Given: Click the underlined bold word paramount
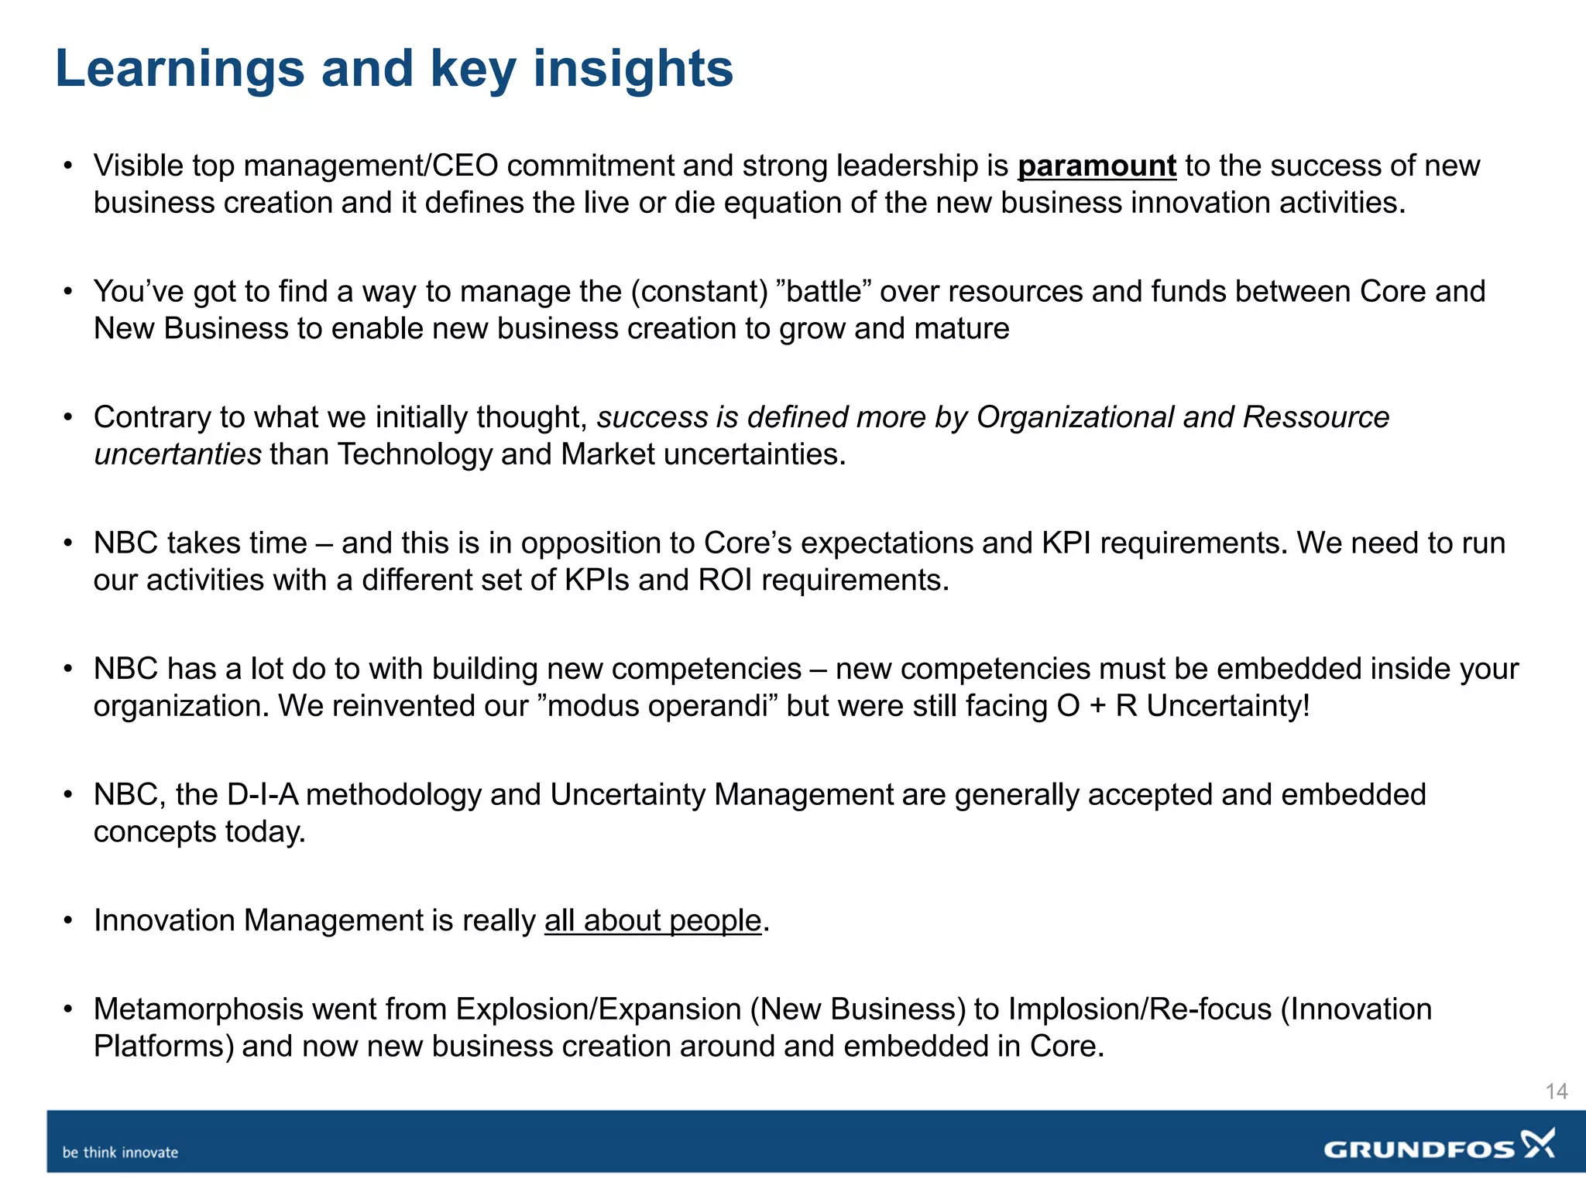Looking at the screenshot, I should tap(1097, 166).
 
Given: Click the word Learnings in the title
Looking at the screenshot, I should tap(180, 70).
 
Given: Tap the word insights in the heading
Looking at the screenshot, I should tap(633, 70).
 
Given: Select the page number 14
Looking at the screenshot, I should tap(1556, 1091).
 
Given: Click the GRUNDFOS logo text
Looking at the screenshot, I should tap(1419, 1150).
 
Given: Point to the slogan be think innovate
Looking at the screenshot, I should tap(120, 1153).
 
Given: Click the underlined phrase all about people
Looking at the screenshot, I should tap(653, 921).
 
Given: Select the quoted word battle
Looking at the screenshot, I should tap(825, 292).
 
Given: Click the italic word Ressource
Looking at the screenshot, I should tap(1316, 417).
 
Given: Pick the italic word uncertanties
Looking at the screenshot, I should tap(177, 454).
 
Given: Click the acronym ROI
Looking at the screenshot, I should tap(725, 581).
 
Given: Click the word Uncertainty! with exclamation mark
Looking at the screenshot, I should tap(1228, 706).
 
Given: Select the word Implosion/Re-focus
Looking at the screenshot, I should tap(1140, 1009).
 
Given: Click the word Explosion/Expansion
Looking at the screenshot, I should tap(598, 1009).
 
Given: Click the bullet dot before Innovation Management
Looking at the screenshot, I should tap(68, 920).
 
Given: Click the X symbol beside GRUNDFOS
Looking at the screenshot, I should tap(1539, 1143).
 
